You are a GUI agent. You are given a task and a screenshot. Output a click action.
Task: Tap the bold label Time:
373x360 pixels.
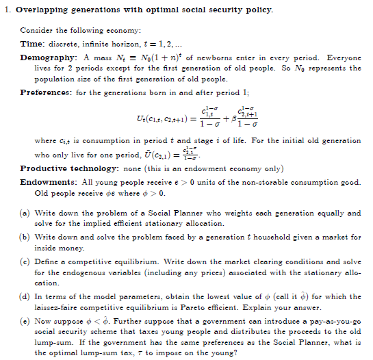pyautogui.click(x=32, y=44)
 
